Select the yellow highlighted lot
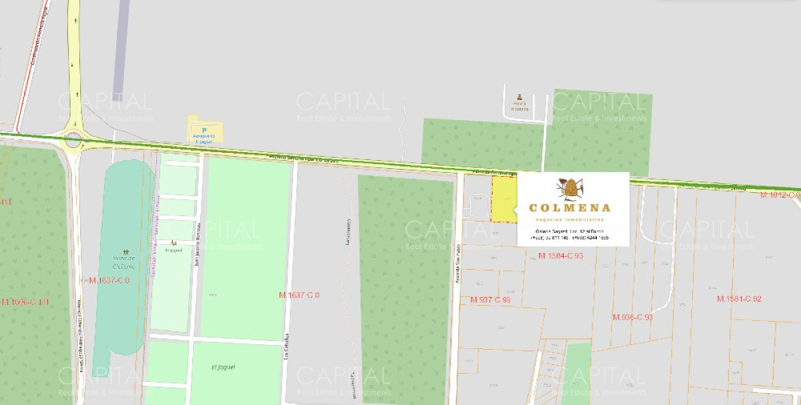click(504, 199)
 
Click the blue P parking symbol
click(204, 129)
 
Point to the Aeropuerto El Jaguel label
click(204, 137)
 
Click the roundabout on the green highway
click(72, 139)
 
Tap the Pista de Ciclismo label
click(124, 262)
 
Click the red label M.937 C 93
click(490, 300)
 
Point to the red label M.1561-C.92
click(739, 298)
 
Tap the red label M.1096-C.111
click(25, 302)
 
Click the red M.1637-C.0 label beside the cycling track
click(109, 280)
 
